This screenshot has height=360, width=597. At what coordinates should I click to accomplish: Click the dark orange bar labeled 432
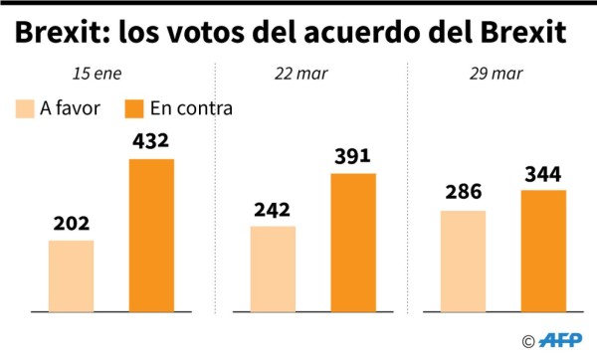[151, 235]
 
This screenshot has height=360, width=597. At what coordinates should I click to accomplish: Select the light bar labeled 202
[71, 275]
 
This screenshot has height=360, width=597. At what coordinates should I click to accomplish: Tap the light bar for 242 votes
[273, 269]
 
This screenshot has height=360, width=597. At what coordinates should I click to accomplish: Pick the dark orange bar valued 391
[353, 242]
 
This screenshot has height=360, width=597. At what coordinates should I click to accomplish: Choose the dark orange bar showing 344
[543, 250]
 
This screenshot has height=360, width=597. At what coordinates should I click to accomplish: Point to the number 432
[151, 141]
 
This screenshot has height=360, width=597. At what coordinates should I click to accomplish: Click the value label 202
[71, 224]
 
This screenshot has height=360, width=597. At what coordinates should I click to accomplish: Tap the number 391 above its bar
[353, 156]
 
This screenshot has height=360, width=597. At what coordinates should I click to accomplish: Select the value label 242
[273, 210]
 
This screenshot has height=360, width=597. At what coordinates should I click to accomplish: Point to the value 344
[543, 173]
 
